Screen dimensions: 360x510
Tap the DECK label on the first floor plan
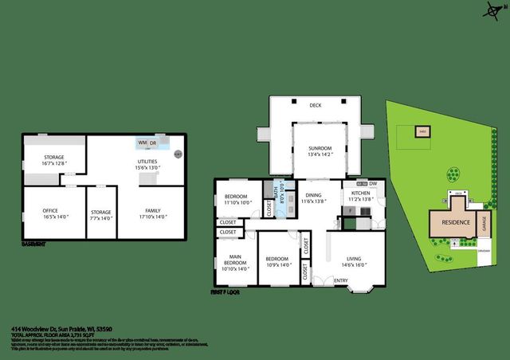coord(315,104)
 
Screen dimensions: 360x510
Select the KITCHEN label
coord(360,192)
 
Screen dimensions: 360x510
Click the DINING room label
coord(312,194)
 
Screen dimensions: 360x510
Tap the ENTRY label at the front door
coord(340,280)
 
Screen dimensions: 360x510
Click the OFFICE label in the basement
coord(49,210)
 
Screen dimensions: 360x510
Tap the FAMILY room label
coord(152,210)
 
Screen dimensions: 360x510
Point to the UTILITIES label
coord(146,162)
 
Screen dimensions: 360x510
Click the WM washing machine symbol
coord(142,143)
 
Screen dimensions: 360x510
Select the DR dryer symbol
coord(154,143)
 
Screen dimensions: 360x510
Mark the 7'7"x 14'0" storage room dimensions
coord(101,217)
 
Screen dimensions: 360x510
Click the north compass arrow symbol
coord(488,10)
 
